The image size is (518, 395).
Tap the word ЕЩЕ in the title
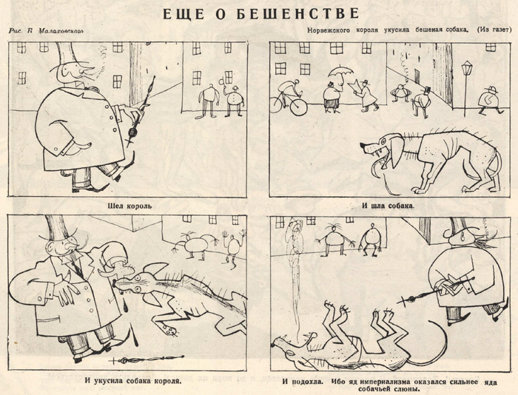click(181, 13)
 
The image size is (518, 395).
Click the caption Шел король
click(130, 205)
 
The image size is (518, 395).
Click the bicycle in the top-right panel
click(288, 100)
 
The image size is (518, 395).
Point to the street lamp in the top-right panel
click(466, 78)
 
